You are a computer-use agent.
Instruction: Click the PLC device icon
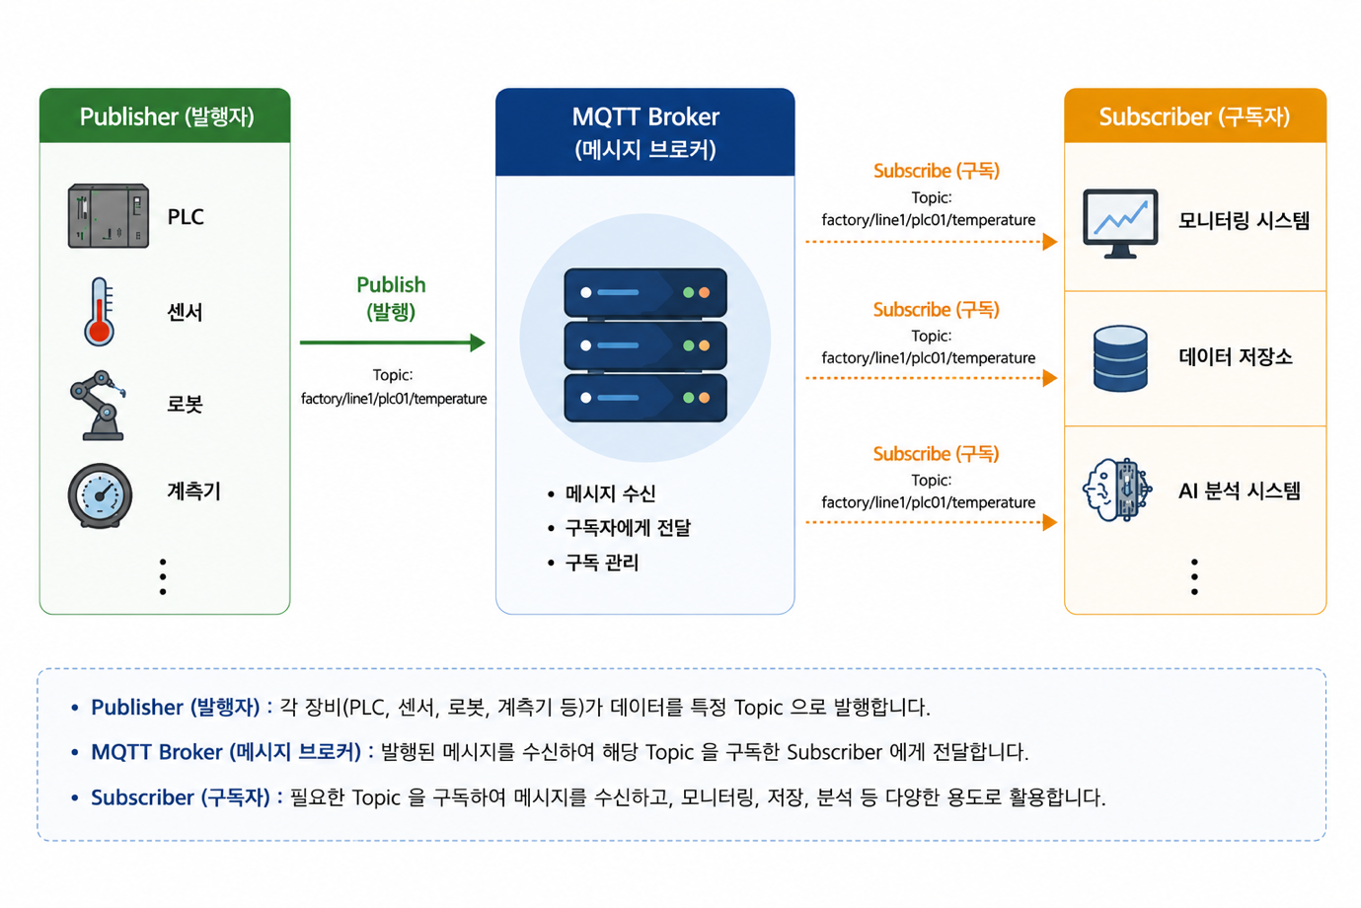coord(109,216)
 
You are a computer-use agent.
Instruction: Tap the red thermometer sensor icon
coord(100,312)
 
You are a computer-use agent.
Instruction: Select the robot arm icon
coord(99,405)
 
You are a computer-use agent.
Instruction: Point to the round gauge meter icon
coord(101,495)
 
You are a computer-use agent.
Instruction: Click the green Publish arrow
coord(393,342)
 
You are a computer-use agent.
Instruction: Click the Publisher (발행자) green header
coord(165,115)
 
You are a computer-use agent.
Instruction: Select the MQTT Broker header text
coord(645,132)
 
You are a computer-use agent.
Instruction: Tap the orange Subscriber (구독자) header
coord(1195,115)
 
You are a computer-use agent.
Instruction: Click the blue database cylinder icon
coord(1120,358)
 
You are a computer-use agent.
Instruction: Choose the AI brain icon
coord(1117,490)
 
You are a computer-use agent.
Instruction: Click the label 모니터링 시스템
coord(1244,220)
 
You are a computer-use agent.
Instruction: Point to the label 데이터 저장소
coord(1236,356)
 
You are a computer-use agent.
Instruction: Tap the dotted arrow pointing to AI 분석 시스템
coord(932,522)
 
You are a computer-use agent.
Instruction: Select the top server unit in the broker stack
coord(645,292)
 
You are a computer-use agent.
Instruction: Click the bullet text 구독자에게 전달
coord(629,528)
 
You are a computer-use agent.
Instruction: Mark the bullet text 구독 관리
coord(602,563)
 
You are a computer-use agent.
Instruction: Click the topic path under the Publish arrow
coord(394,399)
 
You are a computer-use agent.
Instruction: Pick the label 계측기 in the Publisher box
coord(194,491)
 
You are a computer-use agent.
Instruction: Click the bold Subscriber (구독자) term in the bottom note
coord(181,797)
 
